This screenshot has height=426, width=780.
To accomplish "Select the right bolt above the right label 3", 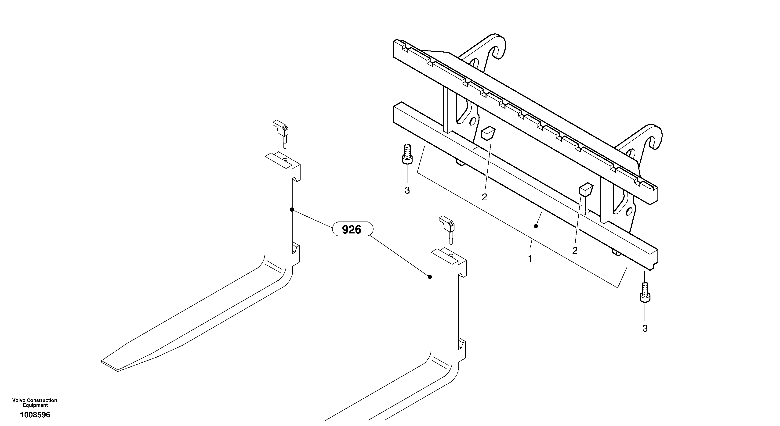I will (645, 292).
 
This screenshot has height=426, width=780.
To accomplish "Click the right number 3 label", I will (645, 328).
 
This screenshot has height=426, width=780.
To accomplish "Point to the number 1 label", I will (530, 259).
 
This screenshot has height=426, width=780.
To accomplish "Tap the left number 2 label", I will (484, 197).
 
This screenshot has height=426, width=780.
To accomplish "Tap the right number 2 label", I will (575, 251).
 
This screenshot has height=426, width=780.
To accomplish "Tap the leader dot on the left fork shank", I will (292, 209).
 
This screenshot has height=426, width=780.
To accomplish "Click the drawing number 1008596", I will (35, 415).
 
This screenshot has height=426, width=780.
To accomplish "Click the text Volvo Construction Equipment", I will (35, 403).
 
